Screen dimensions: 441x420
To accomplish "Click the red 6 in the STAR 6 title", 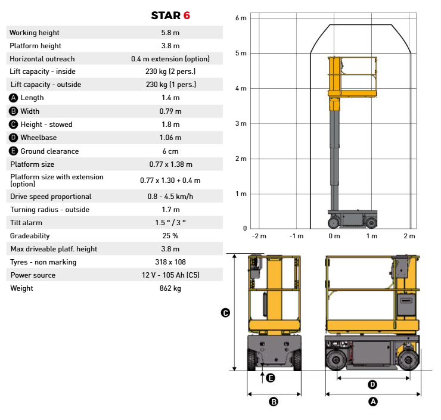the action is coord(187,15).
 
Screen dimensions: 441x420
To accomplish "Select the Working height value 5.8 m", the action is coord(170,33).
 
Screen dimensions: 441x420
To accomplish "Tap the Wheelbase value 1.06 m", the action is coord(170,138).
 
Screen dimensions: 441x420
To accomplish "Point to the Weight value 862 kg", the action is coord(170,288).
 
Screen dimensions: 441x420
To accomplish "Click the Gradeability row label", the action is coord(30,236).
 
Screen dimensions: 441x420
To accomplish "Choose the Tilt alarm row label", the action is coord(26,223).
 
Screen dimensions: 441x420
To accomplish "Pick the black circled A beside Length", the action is coord(13,98).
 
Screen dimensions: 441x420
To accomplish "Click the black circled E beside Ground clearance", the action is coord(13,151).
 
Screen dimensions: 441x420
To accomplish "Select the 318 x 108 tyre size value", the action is coord(170,262).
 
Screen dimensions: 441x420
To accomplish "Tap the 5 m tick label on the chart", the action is coord(241,53).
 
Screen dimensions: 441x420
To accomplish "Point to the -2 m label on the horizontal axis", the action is coord(259,236).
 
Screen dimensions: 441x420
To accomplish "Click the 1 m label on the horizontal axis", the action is coord(372,236).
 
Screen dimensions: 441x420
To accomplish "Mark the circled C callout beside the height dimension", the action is coord(225,313).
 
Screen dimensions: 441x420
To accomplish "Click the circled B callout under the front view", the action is coord(274,402).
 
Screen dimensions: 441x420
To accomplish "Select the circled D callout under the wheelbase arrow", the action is coord(372,384).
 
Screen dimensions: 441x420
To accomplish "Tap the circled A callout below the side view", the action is coord(373,402).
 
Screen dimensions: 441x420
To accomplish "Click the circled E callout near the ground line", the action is coord(271,378).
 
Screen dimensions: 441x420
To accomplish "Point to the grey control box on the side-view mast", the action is coord(406,304).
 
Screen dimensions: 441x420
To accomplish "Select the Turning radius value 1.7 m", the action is coord(170,210).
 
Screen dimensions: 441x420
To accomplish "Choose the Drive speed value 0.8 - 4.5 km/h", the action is coord(170,197).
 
